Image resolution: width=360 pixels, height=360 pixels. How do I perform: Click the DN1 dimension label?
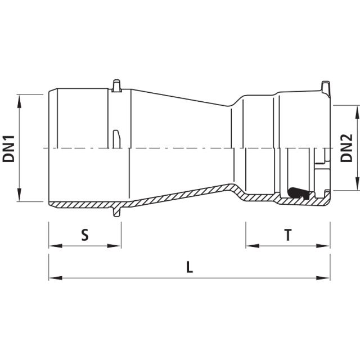(9, 148)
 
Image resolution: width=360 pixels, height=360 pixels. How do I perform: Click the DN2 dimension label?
(348, 148)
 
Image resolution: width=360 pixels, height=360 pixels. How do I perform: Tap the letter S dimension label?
(85, 235)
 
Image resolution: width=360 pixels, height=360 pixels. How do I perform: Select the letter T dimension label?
(287, 235)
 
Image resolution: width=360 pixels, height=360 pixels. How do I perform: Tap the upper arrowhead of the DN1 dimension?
(20, 99)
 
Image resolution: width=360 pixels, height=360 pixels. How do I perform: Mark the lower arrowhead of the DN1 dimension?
(20, 197)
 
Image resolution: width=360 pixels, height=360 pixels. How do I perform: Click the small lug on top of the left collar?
(116, 85)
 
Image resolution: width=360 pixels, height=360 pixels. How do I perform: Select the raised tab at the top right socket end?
(326, 88)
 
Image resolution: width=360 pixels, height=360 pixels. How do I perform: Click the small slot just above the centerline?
(115, 138)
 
